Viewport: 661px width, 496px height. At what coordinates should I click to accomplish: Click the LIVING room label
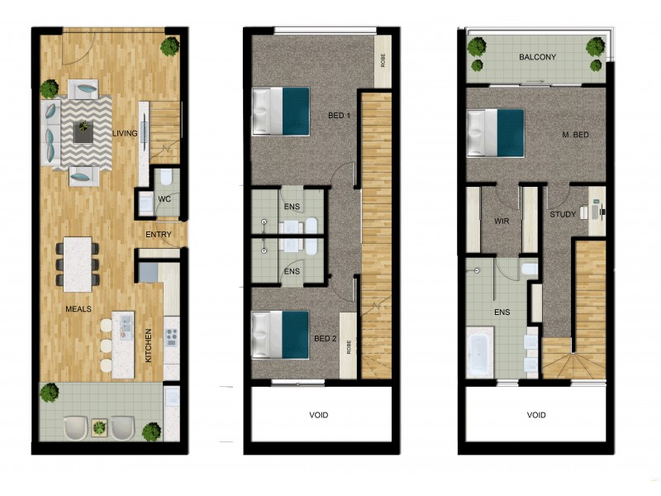tap(125, 132)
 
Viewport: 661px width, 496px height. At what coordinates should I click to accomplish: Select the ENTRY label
tap(158, 235)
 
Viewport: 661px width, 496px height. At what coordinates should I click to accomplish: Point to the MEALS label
tap(78, 308)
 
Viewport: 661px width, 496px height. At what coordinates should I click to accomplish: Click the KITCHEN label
tap(149, 346)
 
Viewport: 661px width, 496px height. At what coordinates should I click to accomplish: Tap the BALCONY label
tap(537, 57)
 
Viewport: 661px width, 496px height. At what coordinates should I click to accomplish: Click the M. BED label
tap(575, 135)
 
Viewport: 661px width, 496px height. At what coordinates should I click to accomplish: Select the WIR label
tap(501, 222)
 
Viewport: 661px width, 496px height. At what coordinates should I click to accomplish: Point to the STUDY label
tap(563, 215)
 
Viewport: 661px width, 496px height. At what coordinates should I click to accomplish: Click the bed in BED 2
tap(280, 335)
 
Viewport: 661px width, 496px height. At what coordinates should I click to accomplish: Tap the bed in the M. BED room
tap(496, 132)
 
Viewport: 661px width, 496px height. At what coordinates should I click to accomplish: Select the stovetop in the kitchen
tap(171, 337)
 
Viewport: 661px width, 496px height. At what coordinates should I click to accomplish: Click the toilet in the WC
tap(164, 176)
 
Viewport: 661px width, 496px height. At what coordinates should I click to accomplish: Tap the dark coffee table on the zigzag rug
tap(83, 128)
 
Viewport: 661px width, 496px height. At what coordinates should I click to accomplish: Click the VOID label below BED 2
tap(319, 415)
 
